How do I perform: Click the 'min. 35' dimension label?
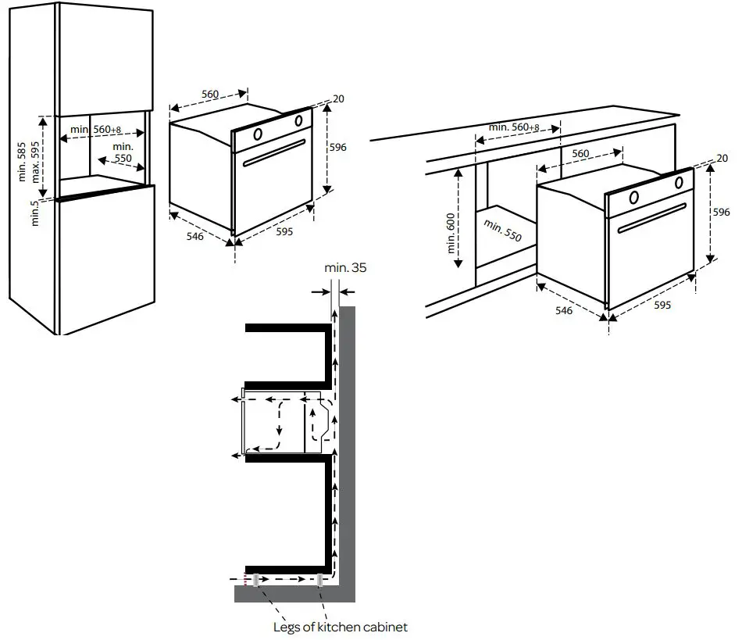pos(345,267)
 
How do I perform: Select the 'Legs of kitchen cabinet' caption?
pos(340,627)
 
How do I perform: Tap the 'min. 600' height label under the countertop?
pos(451,234)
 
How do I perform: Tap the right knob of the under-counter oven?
pos(678,183)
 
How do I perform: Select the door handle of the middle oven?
pos(273,152)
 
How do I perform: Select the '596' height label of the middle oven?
pos(337,147)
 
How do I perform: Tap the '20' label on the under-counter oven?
pos(722,159)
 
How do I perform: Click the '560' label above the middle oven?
pos(209,94)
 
